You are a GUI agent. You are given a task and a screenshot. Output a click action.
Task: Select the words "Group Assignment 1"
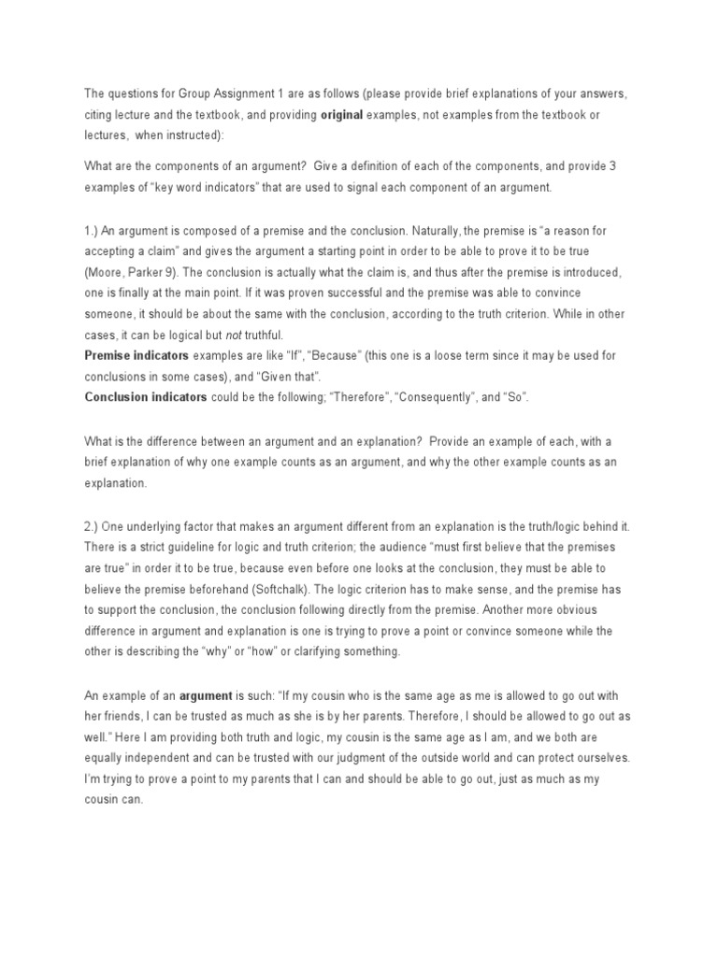point(229,94)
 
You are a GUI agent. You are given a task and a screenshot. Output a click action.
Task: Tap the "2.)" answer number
point(92,526)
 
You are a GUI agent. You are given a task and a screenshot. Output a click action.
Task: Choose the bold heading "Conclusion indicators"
point(146,396)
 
